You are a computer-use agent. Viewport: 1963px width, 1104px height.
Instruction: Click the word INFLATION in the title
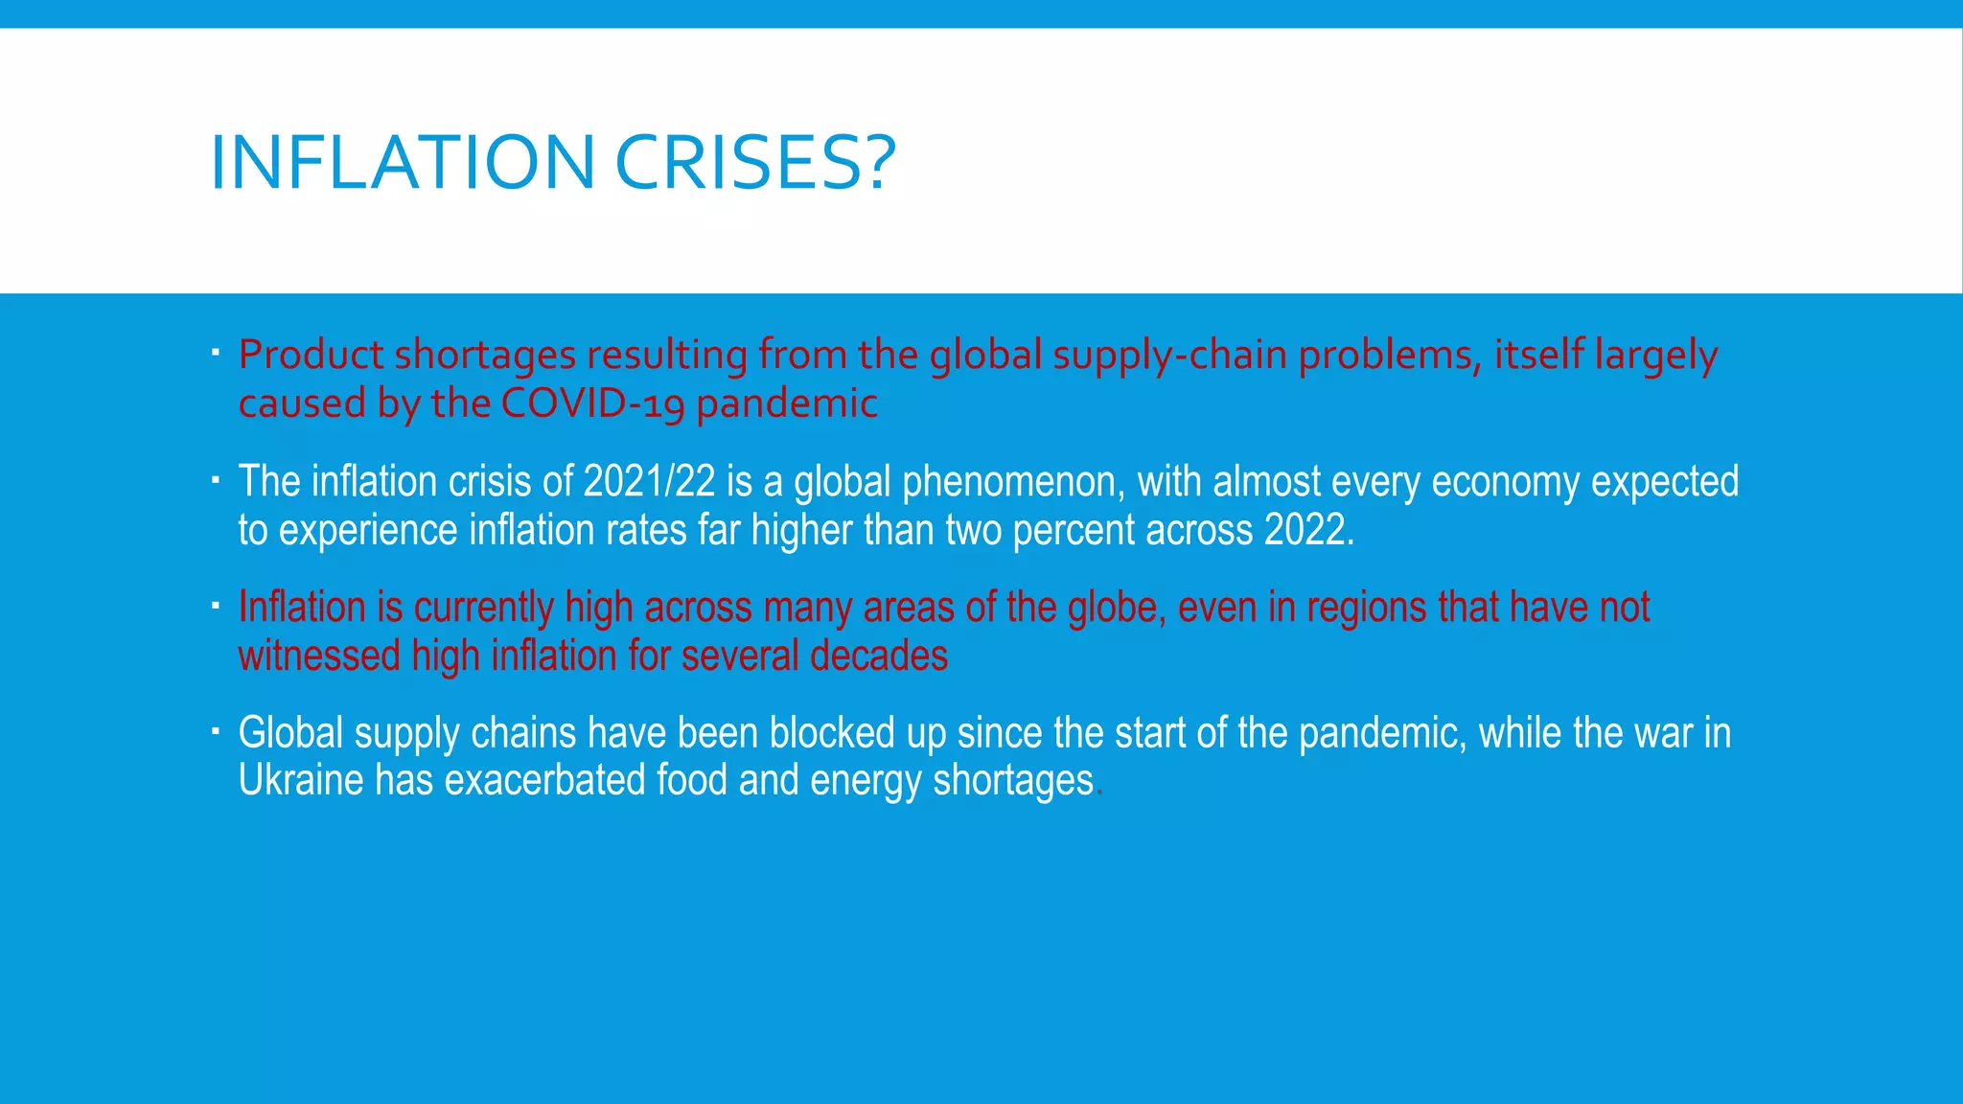[402, 162]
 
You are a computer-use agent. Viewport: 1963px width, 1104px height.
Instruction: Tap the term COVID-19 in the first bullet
[592, 403]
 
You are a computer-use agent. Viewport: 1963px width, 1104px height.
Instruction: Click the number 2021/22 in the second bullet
[649, 481]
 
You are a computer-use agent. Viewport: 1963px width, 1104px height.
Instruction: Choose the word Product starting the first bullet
[311, 355]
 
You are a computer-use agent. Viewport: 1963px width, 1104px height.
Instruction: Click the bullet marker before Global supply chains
[217, 732]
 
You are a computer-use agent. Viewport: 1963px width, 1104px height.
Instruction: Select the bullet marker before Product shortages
[217, 353]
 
